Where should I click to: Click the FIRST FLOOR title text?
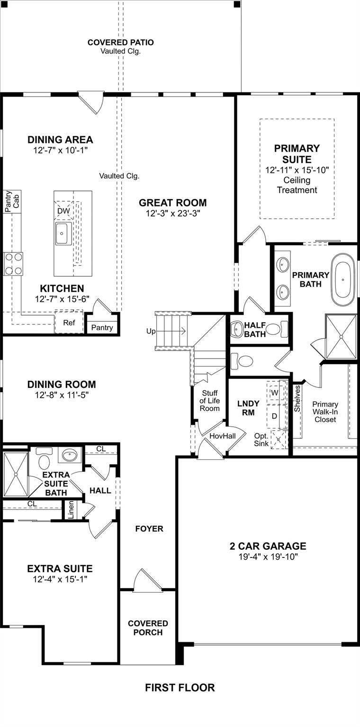(x=180, y=688)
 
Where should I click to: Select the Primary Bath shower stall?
(x=341, y=336)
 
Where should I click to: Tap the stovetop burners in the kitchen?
(x=13, y=264)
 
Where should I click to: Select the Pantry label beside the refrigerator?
(x=102, y=327)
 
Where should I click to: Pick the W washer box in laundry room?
(x=274, y=393)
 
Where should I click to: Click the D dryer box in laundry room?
(x=274, y=416)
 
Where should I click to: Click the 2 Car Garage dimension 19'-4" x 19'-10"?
(x=268, y=557)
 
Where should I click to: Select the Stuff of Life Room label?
(x=210, y=401)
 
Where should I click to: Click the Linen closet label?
(x=71, y=510)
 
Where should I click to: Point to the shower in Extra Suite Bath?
(x=15, y=474)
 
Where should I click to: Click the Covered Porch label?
(x=148, y=628)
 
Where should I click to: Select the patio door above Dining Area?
(x=91, y=102)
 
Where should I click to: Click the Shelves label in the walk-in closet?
(x=297, y=398)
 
